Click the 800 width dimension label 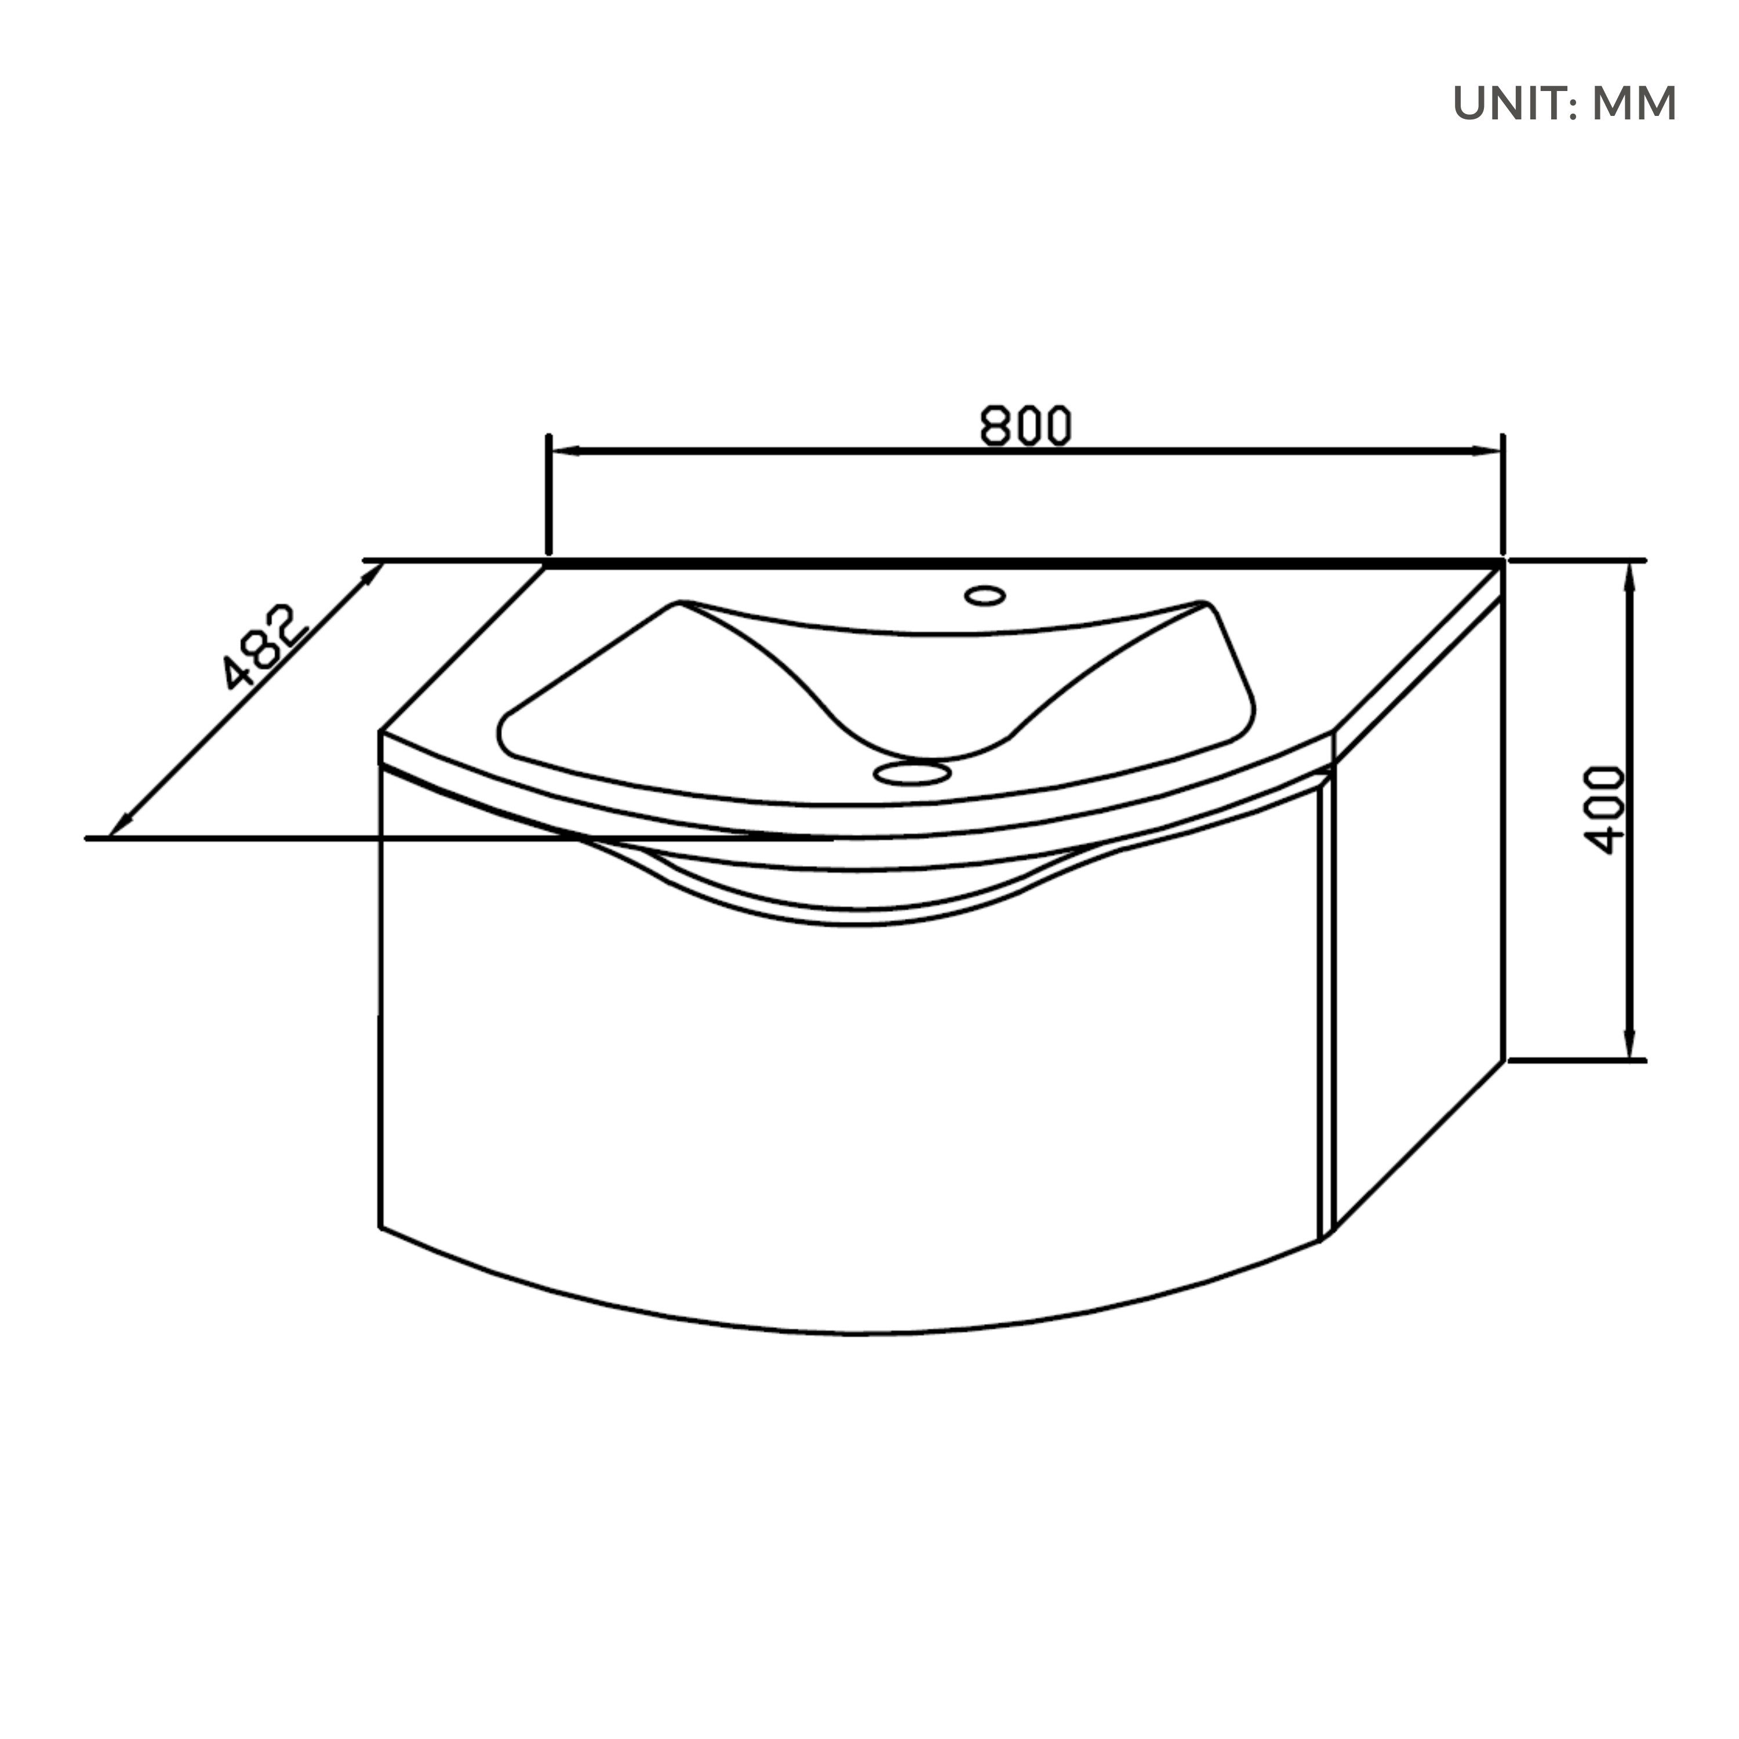(x=1025, y=425)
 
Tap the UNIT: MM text (x=1565, y=104)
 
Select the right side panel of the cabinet (x=1418, y=945)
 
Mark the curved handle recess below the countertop (x=855, y=891)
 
